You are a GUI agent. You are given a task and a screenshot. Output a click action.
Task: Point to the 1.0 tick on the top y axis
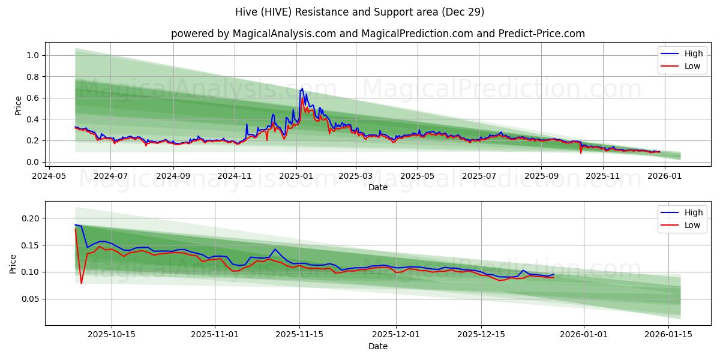[x=34, y=55]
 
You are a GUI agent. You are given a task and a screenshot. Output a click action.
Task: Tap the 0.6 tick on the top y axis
[x=34, y=98]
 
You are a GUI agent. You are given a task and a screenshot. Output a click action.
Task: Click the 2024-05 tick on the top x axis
[x=49, y=176]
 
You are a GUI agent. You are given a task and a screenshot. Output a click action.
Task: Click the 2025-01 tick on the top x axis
[x=296, y=176]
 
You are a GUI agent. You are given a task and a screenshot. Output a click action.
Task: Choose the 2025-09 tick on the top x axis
[x=541, y=176]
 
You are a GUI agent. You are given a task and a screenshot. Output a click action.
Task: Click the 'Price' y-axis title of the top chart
[x=18, y=106]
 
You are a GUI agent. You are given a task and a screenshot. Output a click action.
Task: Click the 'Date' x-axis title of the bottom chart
[x=377, y=346]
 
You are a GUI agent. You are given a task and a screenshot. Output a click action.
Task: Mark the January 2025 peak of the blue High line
[x=302, y=89]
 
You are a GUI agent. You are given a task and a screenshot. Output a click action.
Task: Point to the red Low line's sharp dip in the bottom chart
[x=82, y=283]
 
